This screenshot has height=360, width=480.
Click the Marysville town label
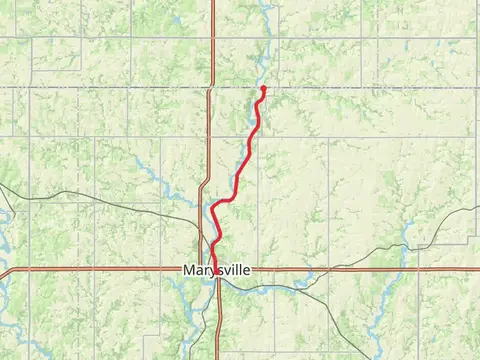coord(216,270)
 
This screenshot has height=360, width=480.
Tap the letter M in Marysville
coord(189,270)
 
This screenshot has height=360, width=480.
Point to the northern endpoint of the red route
coord(263,88)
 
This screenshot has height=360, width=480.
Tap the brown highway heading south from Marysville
coord(217,330)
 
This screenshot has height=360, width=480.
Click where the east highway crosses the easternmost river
coord(404,269)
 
